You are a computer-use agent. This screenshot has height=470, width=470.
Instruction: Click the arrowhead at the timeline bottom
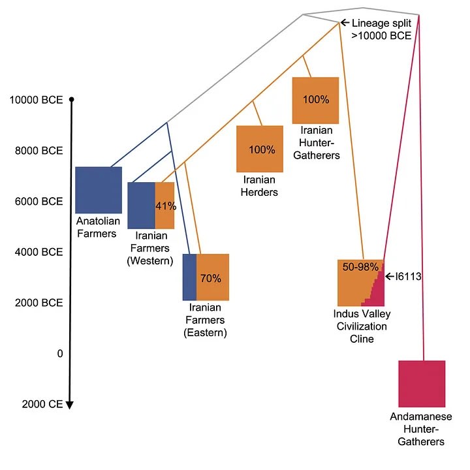[x=70, y=405]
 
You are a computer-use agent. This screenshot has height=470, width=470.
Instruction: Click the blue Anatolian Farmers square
[x=99, y=190]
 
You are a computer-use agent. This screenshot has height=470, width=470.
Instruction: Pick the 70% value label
[x=211, y=278]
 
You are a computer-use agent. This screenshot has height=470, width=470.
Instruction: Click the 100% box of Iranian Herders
[x=260, y=149]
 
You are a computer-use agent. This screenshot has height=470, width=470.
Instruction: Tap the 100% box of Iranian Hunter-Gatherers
[x=316, y=101]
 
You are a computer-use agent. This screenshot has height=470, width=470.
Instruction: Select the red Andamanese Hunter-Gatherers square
[x=422, y=384]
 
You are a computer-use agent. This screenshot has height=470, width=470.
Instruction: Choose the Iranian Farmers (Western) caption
[x=153, y=248]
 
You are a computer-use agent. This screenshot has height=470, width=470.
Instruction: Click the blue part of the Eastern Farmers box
[x=189, y=277]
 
